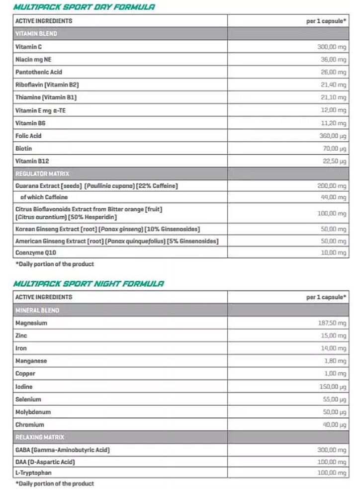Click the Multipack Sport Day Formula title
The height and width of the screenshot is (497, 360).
click(x=84, y=7)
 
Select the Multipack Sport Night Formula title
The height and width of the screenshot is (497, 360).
click(x=89, y=283)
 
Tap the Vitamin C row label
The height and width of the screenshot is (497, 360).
click(x=29, y=47)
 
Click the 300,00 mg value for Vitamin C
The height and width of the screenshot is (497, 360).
click(x=331, y=47)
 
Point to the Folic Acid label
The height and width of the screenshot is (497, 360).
click(x=29, y=136)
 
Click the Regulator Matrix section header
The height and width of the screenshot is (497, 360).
click(x=42, y=173)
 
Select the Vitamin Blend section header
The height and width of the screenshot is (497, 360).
click(x=36, y=34)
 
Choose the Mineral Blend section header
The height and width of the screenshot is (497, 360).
click(x=37, y=310)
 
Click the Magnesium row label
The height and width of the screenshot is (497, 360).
click(x=31, y=323)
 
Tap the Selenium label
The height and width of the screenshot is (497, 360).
click(x=28, y=399)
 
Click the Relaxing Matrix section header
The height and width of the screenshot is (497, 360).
click(x=40, y=437)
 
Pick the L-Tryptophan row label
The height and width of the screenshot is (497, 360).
click(x=33, y=473)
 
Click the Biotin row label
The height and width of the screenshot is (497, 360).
click(x=24, y=149)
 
